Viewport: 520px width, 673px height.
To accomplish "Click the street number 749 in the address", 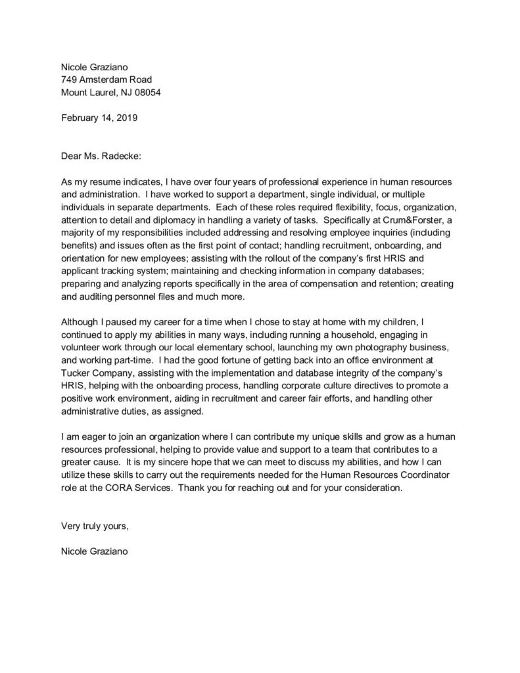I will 69,80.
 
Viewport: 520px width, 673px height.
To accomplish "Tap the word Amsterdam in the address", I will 104,80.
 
